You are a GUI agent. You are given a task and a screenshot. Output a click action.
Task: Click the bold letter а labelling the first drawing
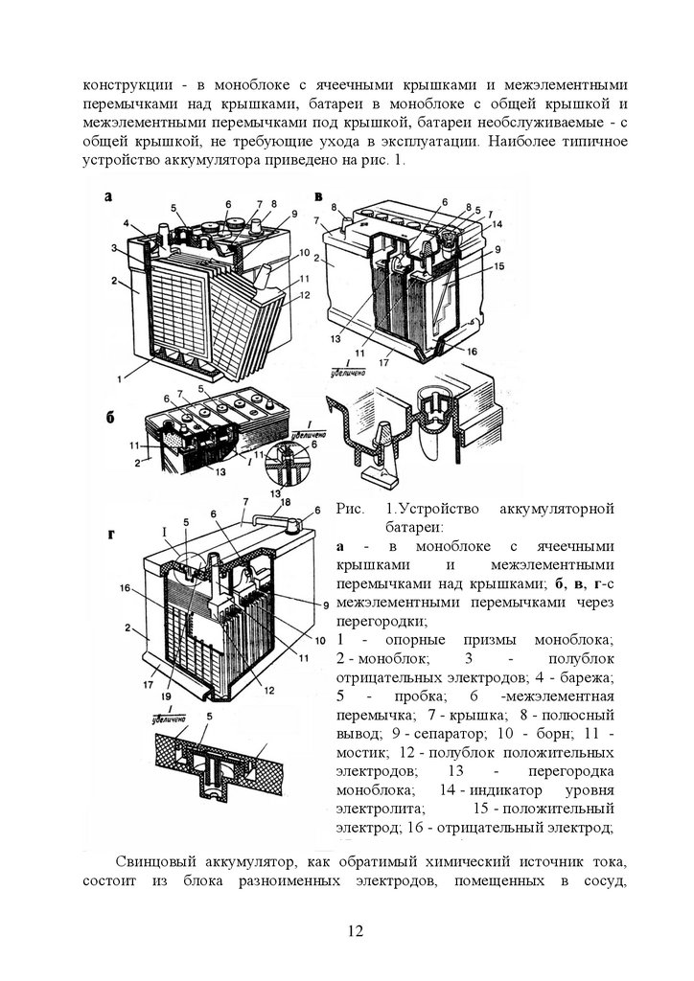[x=108, y=197]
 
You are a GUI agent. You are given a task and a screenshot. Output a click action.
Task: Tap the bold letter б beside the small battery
[x=110, y=420]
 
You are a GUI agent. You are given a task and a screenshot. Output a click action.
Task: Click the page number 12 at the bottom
[x=354, y=931]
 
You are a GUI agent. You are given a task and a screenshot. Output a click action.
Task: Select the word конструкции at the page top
[x=127, y=82]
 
